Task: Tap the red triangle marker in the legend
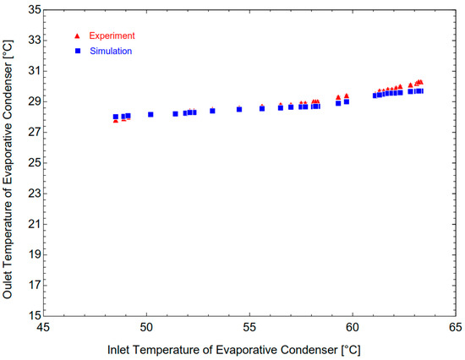(77, 36)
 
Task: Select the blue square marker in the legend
(77, 51)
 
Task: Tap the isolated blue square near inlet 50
(150, 114)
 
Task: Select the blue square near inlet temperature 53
(212, 111)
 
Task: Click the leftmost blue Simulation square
(116, 117)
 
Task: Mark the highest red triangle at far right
(420, 82)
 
